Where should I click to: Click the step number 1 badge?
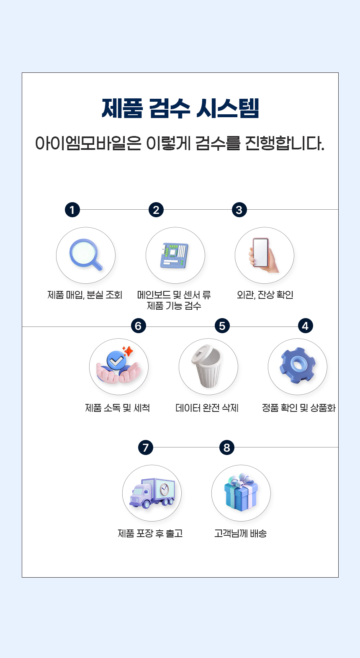tap(72, 210)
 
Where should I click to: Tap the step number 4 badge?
tap(305, 326)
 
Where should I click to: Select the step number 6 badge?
tap(139, 326)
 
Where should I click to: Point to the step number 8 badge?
tap(227, 447)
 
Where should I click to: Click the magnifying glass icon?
tap(86, 254)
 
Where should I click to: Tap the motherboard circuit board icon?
tap(175, 255)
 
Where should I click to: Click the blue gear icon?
tap(297, 365)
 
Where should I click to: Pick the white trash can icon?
tap(207, 366)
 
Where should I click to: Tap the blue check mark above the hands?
tap(116, 360)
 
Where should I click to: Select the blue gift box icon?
tap(241, 492)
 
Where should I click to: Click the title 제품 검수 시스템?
tap(180, 108)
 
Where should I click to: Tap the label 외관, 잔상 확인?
tap(265, 295)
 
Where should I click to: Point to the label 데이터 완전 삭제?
tap(207, 408)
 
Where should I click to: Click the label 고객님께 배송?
tap(240, 533)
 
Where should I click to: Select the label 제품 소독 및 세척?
tap(118, 408)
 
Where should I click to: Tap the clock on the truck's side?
tap(164, 489)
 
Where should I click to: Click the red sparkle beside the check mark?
tap(128, 351)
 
